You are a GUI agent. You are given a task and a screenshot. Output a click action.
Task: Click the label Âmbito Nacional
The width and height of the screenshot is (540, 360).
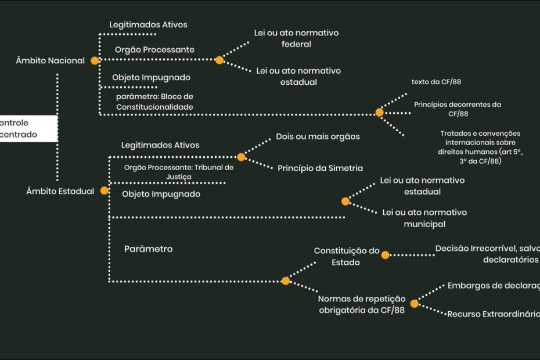point(51,60)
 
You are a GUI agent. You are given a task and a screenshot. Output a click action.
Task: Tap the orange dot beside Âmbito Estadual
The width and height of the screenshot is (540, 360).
point(105,190)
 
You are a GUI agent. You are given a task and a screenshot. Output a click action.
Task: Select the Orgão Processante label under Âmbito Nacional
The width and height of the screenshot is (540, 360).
point(154,50)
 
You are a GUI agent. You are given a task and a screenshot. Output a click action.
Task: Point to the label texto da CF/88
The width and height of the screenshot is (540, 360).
point(436,82)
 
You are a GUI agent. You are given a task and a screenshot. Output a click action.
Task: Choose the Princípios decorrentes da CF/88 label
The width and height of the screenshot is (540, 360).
point(458,109)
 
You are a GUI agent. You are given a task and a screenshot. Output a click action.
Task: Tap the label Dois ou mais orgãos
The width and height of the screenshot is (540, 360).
point(318,136)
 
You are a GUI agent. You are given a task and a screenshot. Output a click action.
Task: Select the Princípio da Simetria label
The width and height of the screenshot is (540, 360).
point(320,168)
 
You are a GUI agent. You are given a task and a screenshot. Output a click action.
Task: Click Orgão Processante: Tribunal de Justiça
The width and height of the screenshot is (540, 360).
point(179,171)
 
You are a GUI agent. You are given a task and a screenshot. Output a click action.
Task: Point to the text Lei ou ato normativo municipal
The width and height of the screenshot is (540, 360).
point(424,218)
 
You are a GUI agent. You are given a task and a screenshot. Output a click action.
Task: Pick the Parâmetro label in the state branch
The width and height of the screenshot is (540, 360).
point(148,249)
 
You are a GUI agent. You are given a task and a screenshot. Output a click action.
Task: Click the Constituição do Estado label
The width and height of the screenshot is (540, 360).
point(347,256)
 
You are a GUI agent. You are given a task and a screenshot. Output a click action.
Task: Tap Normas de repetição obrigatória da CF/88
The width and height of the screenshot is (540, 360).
point(361,304)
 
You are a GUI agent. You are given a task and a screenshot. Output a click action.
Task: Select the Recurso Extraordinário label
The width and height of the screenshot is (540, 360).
point(493,314)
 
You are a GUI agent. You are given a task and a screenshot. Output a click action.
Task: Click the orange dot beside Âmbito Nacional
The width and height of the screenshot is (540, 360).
point(95,60)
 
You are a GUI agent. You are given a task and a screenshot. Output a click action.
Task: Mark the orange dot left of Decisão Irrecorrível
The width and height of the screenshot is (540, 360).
point(386,254)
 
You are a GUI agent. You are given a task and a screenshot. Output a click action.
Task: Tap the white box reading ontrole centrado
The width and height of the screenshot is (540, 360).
point(28,128)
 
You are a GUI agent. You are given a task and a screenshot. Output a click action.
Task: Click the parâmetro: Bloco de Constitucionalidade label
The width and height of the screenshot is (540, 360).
point(154,102)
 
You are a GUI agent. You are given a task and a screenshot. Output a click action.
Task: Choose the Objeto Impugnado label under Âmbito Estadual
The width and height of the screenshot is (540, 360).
point(161,194)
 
